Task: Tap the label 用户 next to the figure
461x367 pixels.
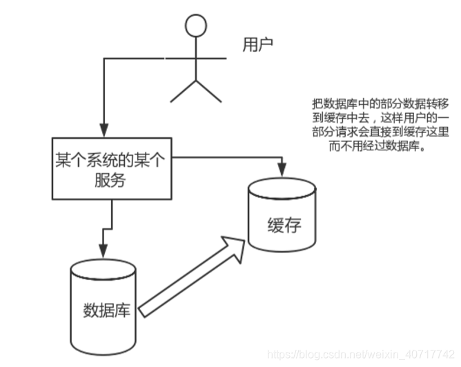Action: pyautogui.click(x=257, y=46)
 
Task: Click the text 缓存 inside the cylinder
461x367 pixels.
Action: pyautogui.click(x=283, y=226)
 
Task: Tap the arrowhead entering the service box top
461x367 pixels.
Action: pyautogui.click(x=104, y=129)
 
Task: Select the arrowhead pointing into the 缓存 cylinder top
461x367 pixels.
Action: pyautogui.click(x=282, y=168)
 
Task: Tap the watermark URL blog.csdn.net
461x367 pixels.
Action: pyautogui.click(x=359, y=355)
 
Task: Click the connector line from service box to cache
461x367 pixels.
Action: pyautogui.click(x=228, y=157)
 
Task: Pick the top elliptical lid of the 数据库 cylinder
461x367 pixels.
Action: pyautogui.click(x=104, y=267)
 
